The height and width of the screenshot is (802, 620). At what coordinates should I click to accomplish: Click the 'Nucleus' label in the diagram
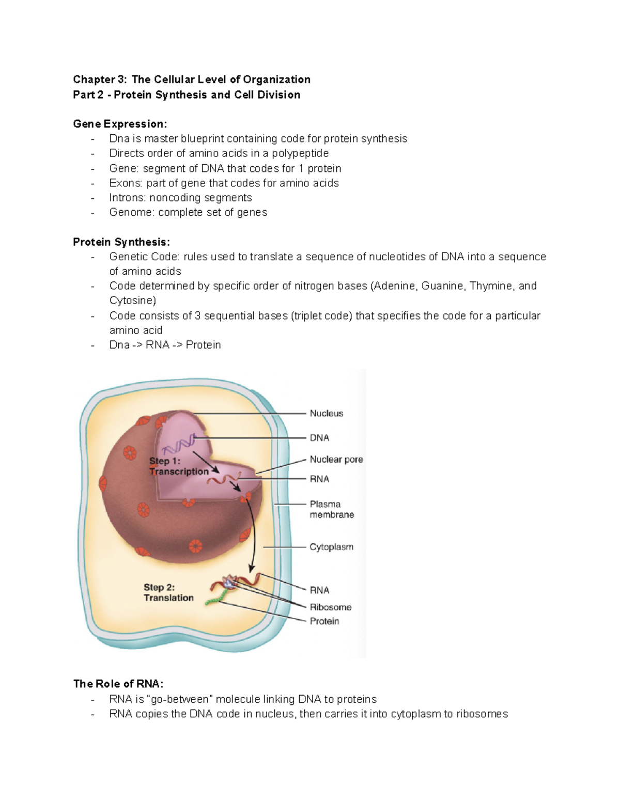coord(326,413)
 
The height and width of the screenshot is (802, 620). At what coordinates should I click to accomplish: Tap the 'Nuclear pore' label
coord(336,459)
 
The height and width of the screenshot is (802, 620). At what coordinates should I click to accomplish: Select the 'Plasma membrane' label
coord(331,509)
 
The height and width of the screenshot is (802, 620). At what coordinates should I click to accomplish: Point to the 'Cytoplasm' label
coord(331,546)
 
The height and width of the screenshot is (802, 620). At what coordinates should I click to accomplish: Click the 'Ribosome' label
coord(330,607)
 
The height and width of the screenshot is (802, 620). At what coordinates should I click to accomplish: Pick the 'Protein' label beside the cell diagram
coord(324,621)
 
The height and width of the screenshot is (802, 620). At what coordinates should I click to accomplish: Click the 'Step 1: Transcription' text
coord(178,466)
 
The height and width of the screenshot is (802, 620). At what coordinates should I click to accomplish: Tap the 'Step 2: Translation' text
coord(168,592)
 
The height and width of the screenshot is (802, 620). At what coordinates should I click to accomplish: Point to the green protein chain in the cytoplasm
coord(215,597)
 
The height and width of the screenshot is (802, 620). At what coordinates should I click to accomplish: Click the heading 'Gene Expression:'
coord(120,124)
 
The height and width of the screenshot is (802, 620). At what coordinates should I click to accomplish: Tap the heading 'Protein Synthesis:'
coord(121,242)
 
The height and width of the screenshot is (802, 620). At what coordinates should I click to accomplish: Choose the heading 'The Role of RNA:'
coord(118,684)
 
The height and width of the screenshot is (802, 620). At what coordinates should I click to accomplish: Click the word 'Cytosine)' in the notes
coord(132,301)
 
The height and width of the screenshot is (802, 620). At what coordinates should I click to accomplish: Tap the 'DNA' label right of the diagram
coord(319,438)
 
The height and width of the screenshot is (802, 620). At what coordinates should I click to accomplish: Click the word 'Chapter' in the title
coord(94,80)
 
